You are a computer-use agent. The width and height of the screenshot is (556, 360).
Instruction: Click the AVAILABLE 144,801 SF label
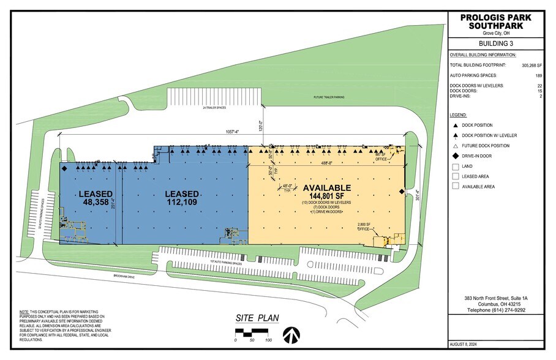tap(325, 192)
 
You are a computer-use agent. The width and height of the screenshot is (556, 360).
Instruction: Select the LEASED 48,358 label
tap(96, 198)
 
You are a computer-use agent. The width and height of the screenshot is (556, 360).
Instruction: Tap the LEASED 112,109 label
tap(182, 198)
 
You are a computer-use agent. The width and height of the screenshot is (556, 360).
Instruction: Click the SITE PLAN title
tap(257, 318)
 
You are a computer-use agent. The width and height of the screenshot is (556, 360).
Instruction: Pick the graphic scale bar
tap(252, 333)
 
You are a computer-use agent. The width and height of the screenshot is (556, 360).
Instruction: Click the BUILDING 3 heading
tap(497, 43)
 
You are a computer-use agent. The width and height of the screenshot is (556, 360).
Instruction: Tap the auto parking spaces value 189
tap(539, 75)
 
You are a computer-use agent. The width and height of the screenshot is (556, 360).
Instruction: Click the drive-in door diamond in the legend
tap(455, 156)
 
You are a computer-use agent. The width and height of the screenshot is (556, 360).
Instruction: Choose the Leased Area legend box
tap(455, 176)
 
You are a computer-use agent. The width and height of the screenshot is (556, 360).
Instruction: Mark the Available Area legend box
tap(455, 187)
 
